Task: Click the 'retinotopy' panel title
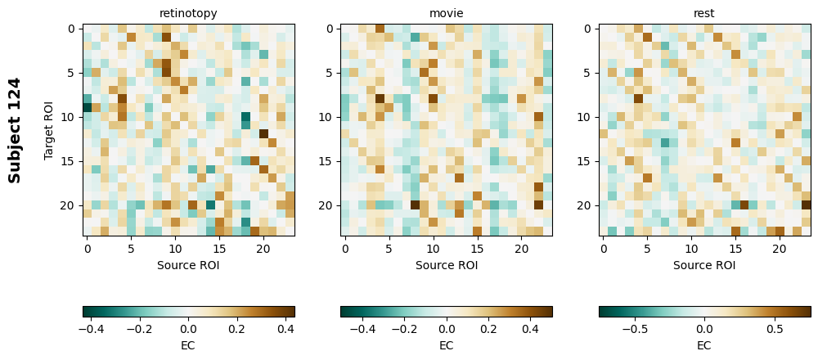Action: pos(188,13)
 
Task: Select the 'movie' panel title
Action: pos(446,13)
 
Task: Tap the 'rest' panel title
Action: pos(703,13)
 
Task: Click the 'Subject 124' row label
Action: pos(15,130)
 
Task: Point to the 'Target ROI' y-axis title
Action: pos(49,130)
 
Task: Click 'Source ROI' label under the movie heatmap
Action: pos(446,265)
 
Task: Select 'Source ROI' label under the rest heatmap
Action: pos(703,265)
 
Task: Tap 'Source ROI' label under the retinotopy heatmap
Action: pos(188,265)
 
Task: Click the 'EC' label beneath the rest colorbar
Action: pos(703,345)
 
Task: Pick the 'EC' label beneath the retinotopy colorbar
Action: pos(188,345)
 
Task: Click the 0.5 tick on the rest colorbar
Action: pos(774,329)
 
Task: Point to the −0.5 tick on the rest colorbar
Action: pos(635,329)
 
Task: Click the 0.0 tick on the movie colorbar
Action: pos(446,329)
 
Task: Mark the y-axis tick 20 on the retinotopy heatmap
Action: pos(70,205)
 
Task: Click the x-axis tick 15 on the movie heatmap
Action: pos(477,248)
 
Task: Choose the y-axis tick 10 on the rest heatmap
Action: pos(586,117)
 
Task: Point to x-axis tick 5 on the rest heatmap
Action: pos(647,248)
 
